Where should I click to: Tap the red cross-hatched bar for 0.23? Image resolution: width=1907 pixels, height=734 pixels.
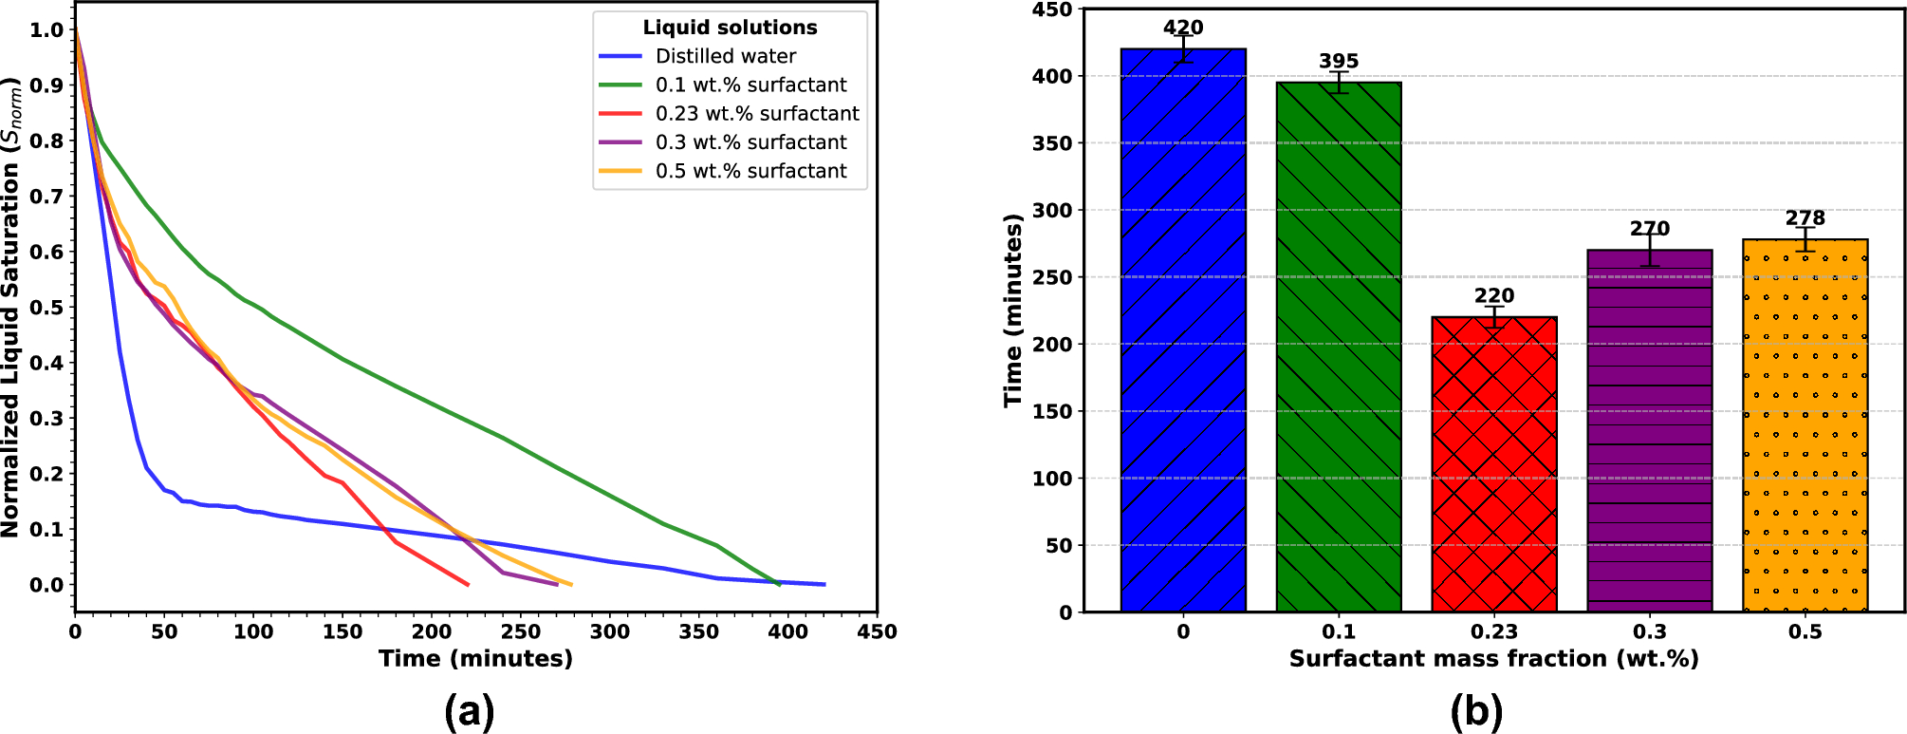1494,464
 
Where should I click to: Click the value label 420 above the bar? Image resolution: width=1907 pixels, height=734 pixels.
1183,28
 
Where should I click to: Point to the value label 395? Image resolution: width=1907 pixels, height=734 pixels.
1339,61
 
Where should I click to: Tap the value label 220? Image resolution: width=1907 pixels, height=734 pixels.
1494,295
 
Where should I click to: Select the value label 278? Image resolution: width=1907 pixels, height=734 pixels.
1805,217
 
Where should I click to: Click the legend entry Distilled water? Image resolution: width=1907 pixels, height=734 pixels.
726,56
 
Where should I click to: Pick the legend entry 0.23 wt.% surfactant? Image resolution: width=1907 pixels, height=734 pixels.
757,113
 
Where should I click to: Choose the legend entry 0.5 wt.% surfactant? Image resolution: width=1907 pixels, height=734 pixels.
751,171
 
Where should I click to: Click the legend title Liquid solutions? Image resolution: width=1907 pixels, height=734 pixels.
730,28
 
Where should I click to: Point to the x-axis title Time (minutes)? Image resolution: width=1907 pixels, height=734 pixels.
475,659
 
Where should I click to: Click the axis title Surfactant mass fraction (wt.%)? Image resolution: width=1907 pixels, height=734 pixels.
1493,659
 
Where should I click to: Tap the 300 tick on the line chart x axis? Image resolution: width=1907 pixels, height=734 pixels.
610,631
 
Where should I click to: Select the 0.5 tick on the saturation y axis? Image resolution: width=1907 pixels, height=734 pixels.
46,307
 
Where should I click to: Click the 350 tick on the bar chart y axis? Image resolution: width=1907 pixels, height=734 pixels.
1051,143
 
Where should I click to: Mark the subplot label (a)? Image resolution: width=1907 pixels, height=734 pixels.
469,711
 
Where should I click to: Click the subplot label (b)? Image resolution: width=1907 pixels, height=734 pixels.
1476,711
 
